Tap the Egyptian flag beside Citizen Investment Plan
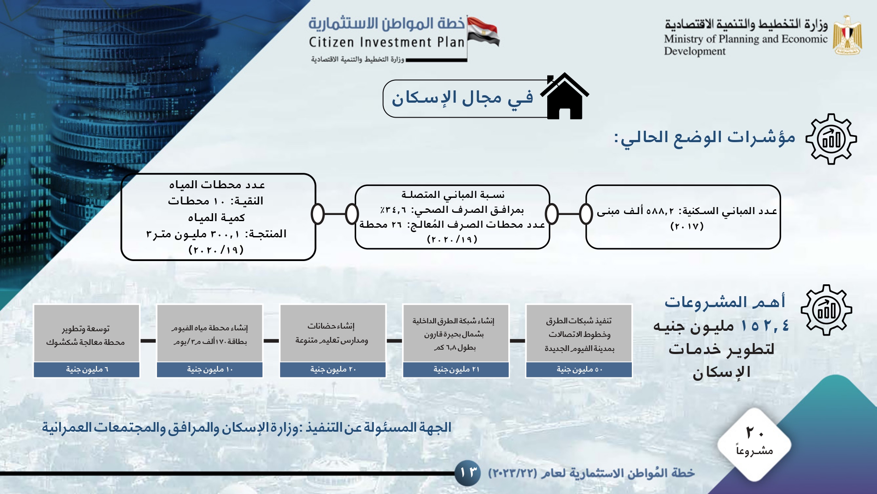coord(483,32)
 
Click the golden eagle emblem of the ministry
coord(848,36)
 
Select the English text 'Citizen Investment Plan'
coord(386,42)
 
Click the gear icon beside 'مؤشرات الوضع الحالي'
coord(831,139)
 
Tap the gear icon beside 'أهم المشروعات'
coord(827,310)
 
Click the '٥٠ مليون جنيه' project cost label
coord(579,370)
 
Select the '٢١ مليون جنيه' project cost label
coord(456,370)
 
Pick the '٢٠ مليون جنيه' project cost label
coord(333,370)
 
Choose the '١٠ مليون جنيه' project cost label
coord(210,370)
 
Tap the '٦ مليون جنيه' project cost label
coord(86,370)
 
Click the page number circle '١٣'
coord(468,473)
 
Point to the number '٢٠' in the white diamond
coord(755,433)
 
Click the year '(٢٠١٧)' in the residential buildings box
coord(687,226)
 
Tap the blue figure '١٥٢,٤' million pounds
coord(765,326)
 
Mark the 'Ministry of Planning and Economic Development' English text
coord(745,45)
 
